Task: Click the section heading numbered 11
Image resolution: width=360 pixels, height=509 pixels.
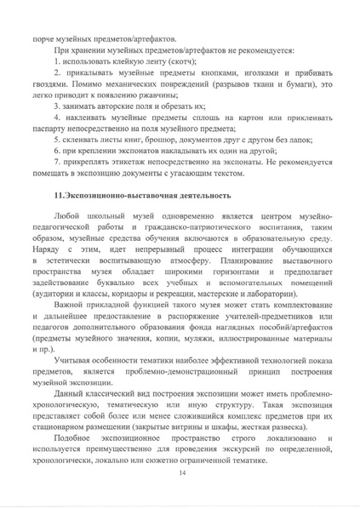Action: tap(141, 196)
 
